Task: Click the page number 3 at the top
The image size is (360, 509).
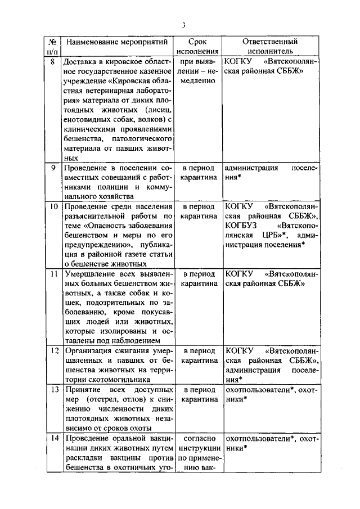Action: [x=183, y=24]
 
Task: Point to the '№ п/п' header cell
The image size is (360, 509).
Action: [x=51, y=47]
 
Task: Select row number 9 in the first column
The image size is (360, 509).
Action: [x=53, y=168]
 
